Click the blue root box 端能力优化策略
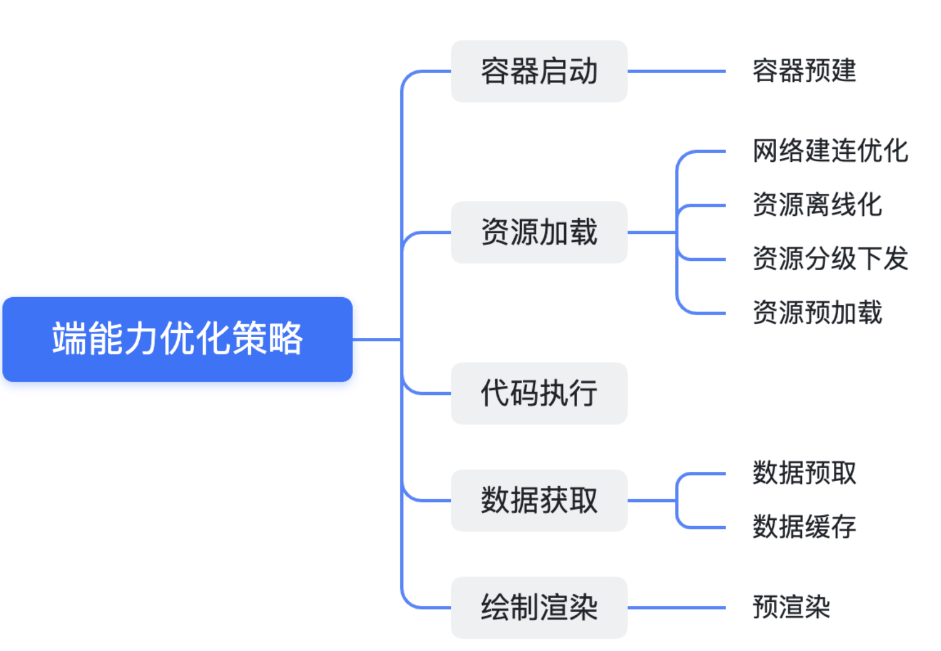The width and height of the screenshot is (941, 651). click(x=177, y=339)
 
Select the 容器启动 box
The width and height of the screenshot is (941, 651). click(x=539, y=71)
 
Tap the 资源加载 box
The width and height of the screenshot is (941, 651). click(x=539, y=233)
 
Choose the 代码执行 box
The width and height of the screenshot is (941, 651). click(x=539, y=393)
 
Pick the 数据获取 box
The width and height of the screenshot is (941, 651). click(x=539, y=500)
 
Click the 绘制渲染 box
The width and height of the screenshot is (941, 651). click(x=539, y=607)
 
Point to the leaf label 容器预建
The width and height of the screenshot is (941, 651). click(x=804, y=71)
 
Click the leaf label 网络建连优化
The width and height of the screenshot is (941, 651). click(x=830, y=151)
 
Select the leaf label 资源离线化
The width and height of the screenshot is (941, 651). click(x=817, y=205)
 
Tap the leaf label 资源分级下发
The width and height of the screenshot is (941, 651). click(x=830, y=258)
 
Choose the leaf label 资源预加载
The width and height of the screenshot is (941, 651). click(x=817, y=313)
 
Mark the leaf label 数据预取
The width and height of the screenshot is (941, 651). click(x=804, y=473)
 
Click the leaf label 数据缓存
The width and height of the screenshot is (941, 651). click(x=804, y=527)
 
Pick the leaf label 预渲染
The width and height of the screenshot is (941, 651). click(x=791, y=607)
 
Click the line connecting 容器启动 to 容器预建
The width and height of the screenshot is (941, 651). click(x=676, y=71)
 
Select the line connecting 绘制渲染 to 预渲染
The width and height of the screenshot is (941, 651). click(x=676, y=608)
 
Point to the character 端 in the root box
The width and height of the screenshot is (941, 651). click(x=68, y=339)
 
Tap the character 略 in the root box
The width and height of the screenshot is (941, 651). click(x=286, y=339)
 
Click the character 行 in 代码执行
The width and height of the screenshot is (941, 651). click(x=583, y=393)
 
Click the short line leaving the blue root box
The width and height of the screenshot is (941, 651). click(x=376, y=339)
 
